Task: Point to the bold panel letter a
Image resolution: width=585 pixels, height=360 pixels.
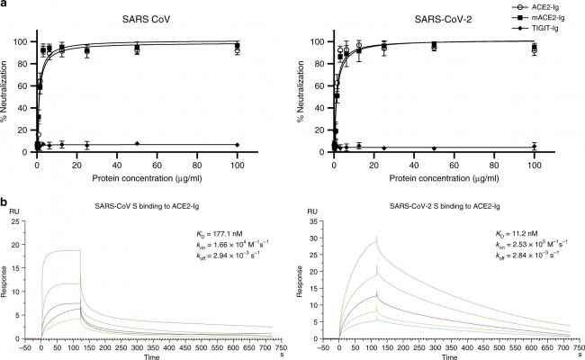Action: pyautogui.click(x=4, y=4)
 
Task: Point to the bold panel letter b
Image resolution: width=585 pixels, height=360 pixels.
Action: pyautogui.click(x=4, y=205)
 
